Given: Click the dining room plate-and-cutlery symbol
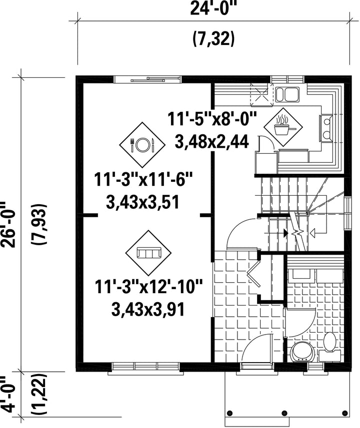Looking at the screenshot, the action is [x=142, y=145].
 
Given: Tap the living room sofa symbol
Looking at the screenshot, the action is [x=148, y=253].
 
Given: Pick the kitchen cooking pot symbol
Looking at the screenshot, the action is [x=283, y=127].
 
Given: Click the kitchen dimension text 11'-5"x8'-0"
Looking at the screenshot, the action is [x=212, y=119].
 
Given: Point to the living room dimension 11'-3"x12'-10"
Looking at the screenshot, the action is [x=149, y=287].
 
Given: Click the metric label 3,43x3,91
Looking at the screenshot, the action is [x=148, y=310].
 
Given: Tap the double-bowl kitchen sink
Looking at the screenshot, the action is [x=287, y=94].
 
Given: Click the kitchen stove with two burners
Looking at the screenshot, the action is [x=326, y=128].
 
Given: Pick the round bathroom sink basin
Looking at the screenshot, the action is [x=302, y=351].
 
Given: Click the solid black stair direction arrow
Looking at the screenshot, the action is [x=285, y=233].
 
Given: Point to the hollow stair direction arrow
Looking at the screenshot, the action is [x=312, y=233].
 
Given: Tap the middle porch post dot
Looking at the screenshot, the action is [x=284, y=413].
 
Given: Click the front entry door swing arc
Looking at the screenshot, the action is [x=253, y=344].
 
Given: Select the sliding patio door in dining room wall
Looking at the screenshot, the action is [x=147, y=79].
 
